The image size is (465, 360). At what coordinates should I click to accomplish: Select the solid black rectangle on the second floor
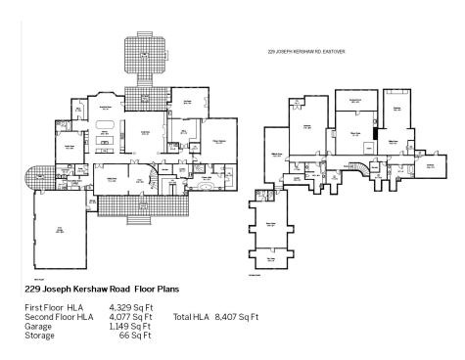tap(373, 133)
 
